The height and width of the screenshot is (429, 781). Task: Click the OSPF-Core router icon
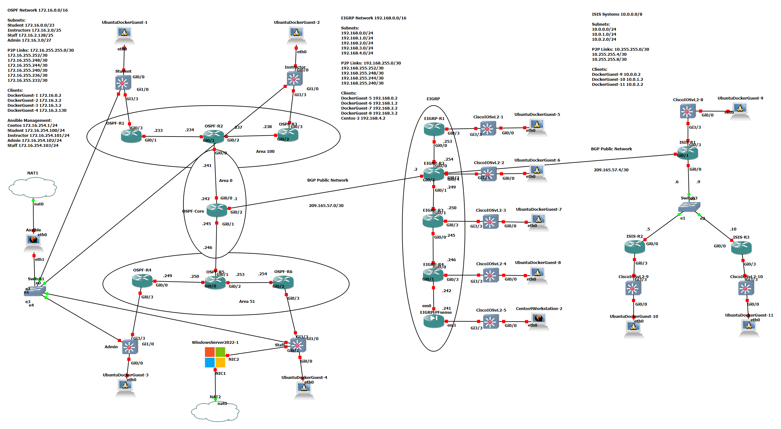pos(217,210)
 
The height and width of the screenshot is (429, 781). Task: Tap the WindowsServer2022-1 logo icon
pos(215,357)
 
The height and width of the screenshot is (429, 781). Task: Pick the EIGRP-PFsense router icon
pos(434,321)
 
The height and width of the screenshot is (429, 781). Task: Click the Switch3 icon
pos(689,207)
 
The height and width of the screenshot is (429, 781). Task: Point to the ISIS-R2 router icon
pos(635,246)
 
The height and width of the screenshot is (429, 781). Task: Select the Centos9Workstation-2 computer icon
pos(539,321)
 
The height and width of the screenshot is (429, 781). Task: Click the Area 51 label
pos(247,301)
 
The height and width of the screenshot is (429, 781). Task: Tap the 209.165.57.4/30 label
pos(611,170)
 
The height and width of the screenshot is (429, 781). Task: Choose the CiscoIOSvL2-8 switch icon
pos(688,111)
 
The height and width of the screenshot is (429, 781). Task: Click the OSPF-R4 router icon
pos(142,280)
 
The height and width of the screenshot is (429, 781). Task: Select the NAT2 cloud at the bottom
pos(215,412)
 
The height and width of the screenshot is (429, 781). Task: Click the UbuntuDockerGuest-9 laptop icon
pos(740,111)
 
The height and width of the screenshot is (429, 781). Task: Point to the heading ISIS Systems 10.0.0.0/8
pos(617,14)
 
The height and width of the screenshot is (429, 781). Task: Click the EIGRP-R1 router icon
pos(434,128)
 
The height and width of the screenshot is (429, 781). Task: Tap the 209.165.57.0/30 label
pos(326,205)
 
